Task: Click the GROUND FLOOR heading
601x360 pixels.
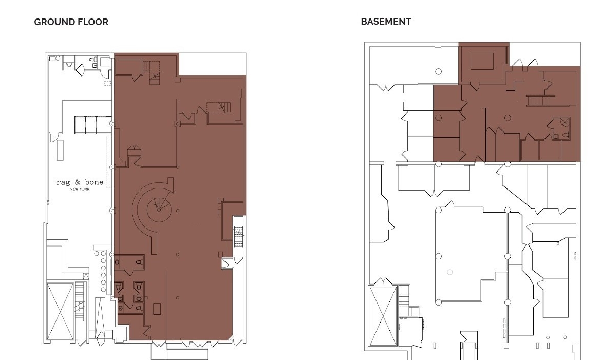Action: tap(71, 22)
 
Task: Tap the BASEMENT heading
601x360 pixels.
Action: tap(386, 22)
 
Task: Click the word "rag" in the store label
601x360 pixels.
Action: tap(63, 182)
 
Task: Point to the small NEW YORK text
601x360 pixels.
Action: tap(80, 189)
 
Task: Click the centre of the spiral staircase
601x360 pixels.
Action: tap(159, 210)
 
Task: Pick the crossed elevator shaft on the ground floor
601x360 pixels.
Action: tap(60, 312)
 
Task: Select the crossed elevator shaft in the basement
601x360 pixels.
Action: tap(383, 315)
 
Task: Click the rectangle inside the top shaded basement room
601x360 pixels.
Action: tap(482, 61)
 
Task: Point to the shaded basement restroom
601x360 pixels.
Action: tap(560, 128)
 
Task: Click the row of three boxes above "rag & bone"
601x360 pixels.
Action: tap(93, 125)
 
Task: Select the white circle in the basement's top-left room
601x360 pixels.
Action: tap(439, 71)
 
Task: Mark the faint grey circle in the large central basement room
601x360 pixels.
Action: tap(449, 272)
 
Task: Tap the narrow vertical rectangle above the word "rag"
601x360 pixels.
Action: tap(60, 150)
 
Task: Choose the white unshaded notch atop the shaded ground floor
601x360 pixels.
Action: tap(212, 64)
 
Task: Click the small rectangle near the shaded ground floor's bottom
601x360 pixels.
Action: tap(157, 309)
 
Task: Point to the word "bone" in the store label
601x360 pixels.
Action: tap(95, 182)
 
